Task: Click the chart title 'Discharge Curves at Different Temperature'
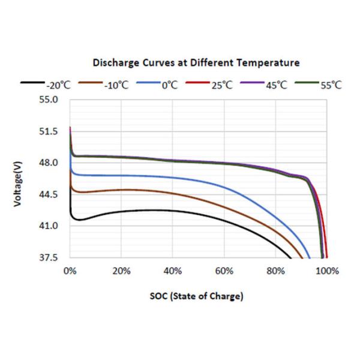196,62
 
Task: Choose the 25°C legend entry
221,85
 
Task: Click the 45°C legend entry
277,85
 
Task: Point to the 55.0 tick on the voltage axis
49,100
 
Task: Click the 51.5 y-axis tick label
49,131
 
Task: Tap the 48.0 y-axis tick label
49,163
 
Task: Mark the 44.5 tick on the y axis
49,194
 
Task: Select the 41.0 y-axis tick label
49,226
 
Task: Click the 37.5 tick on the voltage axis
49,258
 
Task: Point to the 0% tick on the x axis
70,271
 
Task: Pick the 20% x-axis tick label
121,271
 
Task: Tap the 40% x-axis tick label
173,271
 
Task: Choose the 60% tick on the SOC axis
224,271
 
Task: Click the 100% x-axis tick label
326,271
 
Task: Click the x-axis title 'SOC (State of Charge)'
197,296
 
